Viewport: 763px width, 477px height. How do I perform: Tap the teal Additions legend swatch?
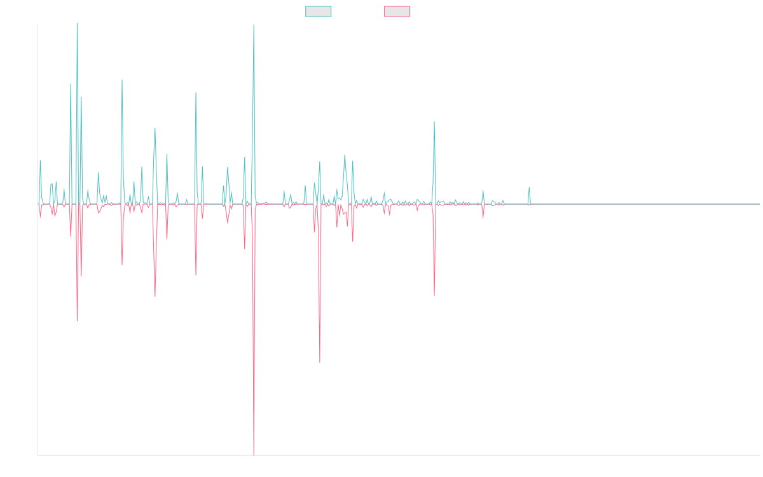319,11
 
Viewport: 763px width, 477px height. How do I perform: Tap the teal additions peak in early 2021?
434,121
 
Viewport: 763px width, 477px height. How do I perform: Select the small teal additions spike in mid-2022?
529,188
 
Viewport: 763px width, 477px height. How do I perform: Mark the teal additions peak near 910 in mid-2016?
122,80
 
